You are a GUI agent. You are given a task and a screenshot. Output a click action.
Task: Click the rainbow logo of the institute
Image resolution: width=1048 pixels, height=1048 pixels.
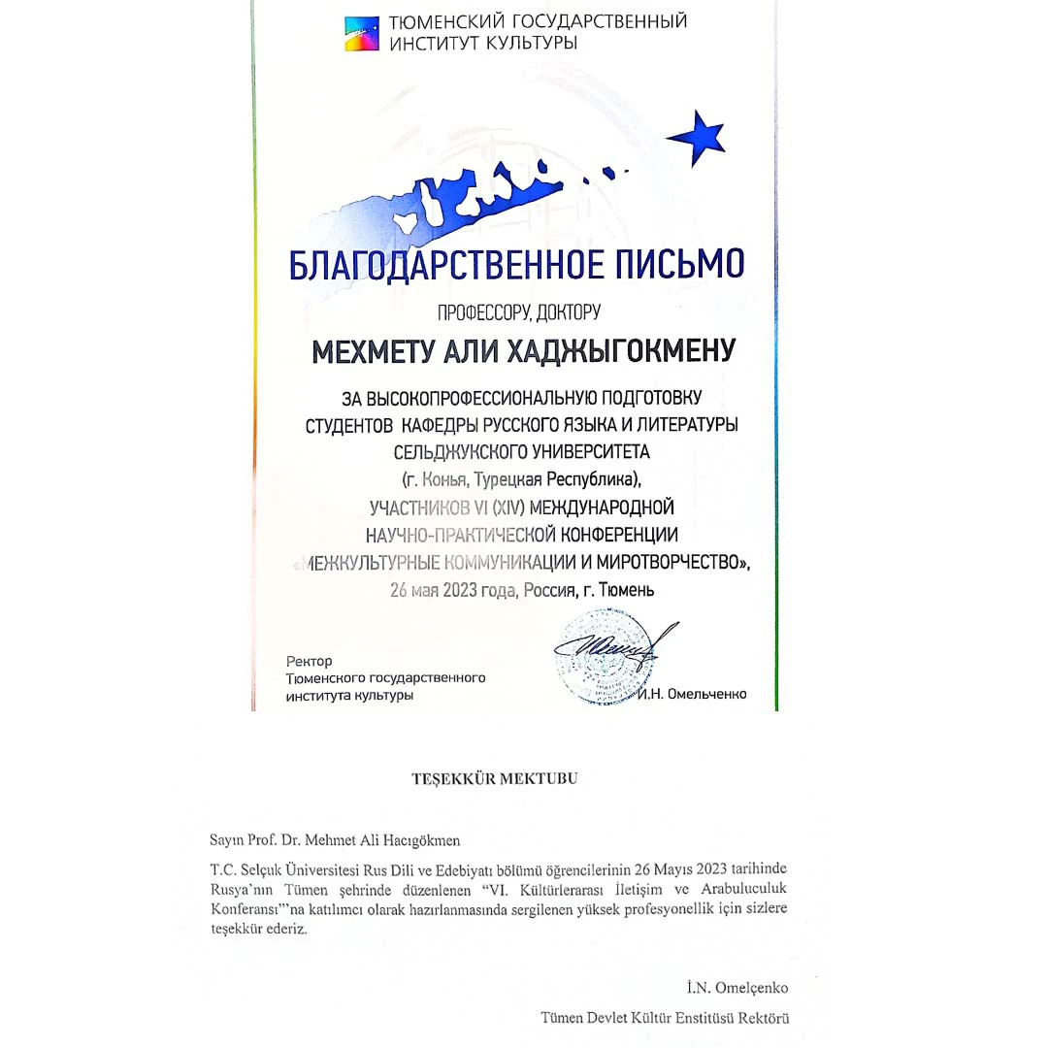pos(362,32)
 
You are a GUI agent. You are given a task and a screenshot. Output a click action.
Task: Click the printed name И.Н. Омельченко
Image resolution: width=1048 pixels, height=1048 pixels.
pos(694,695)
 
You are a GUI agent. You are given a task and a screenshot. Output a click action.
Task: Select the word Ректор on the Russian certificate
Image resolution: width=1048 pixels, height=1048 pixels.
pos(309,661)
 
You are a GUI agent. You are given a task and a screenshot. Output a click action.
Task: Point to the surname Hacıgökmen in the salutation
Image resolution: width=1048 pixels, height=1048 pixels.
pos(407,839)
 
